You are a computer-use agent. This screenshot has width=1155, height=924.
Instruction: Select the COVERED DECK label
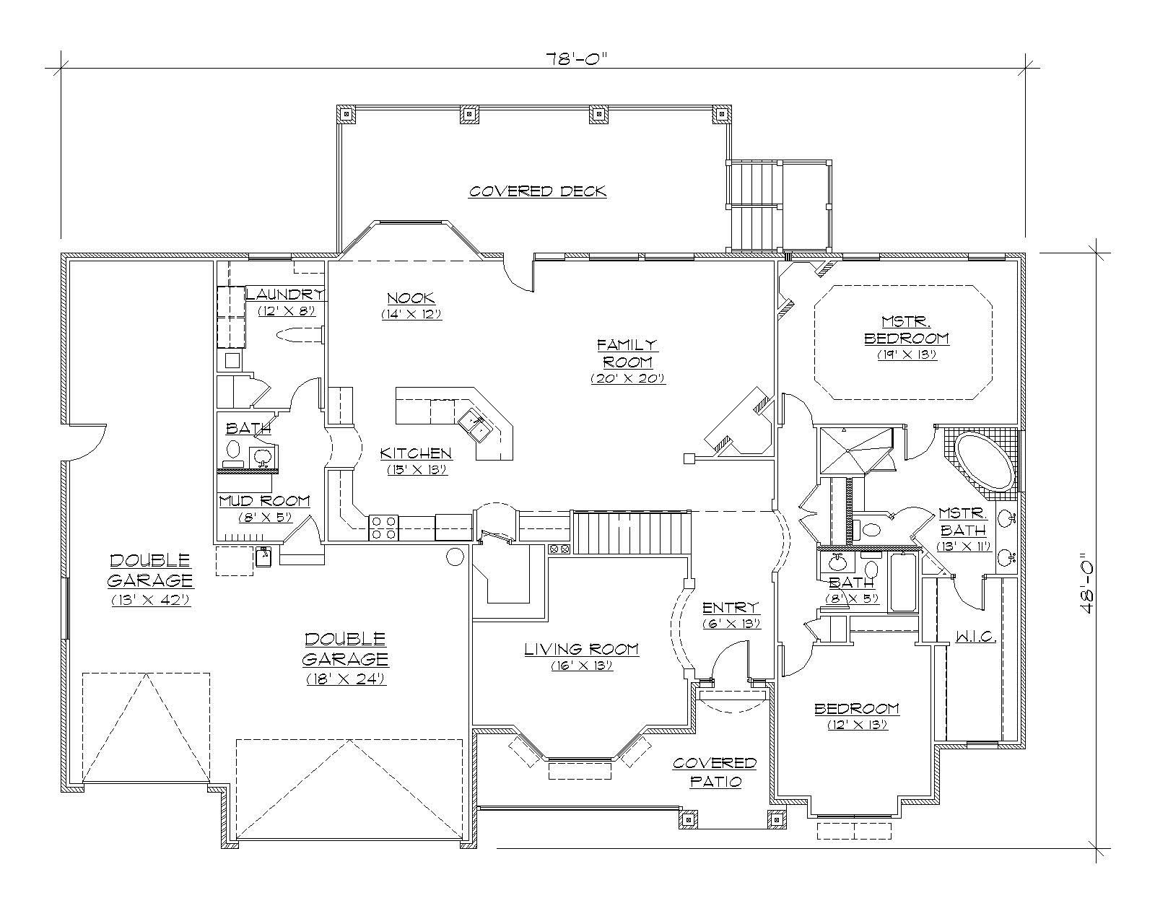(x=538, y=191)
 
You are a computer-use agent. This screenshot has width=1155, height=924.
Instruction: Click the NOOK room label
(x=410, y=298)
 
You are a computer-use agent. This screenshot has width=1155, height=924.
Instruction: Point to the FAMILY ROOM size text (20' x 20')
(x=627, y=378)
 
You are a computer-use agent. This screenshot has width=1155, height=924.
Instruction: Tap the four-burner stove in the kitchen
(x=383, y=527)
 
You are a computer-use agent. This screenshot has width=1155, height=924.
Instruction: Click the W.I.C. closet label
(x=976, y=637)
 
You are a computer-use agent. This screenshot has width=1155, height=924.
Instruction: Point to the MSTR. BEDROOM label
(x=907, y=330)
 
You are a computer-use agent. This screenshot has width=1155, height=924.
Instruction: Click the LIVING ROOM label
(x=581, y=650)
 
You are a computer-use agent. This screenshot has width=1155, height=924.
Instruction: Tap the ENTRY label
(x=731, y=607)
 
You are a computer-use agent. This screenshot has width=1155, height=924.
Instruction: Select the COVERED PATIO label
(x=715, y=772)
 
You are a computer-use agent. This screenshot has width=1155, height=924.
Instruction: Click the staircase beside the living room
(x=632, y=532)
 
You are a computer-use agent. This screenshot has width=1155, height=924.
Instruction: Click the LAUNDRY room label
(x=284, y=295)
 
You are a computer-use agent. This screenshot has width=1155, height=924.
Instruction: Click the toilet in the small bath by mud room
(x=233, y=450)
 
